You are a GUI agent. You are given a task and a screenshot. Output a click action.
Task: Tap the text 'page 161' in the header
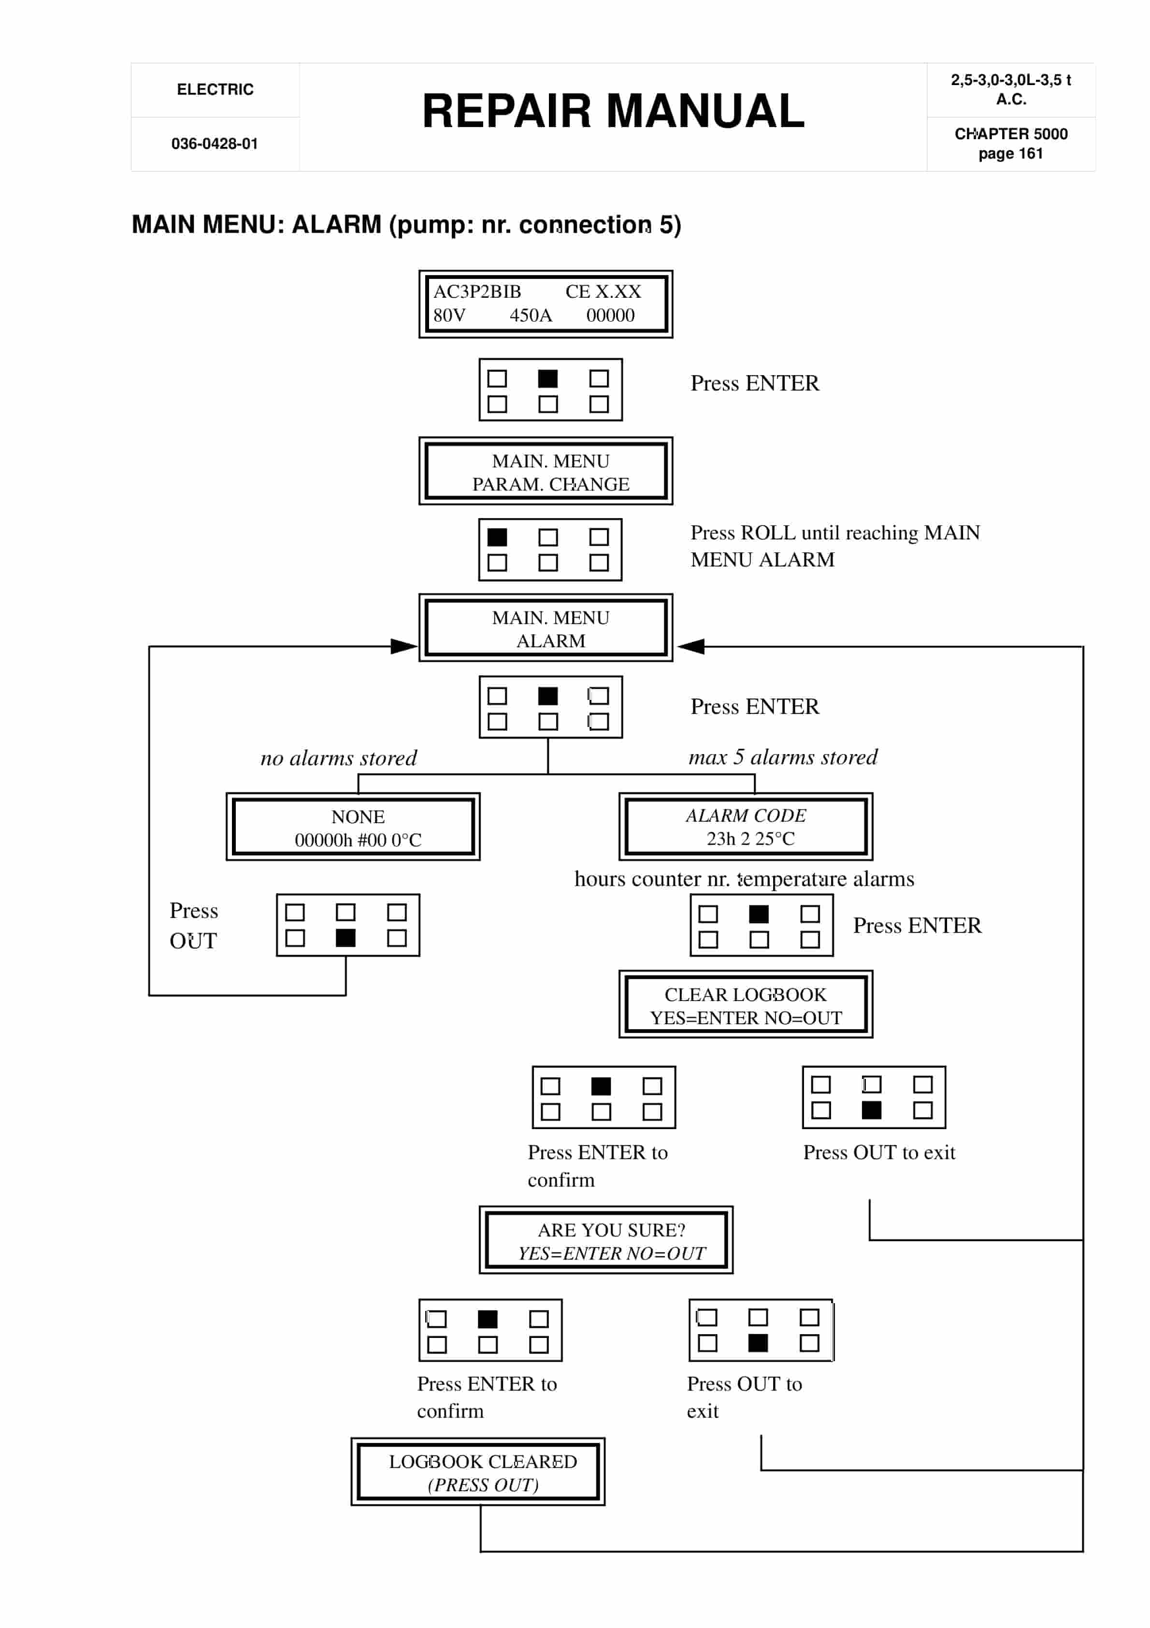pyautogui.click(x=1010, y=154)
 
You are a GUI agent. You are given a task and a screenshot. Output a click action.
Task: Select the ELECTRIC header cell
pyautogui.click(x=215, y=89)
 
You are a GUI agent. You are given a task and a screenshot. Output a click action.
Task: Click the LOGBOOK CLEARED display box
pyautogui.click(x=478, y=1472)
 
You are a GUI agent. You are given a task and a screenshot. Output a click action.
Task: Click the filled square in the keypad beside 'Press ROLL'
pyautogui.click(x=497, y=538)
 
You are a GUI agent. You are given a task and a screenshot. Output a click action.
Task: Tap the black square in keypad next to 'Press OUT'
pyautogui.click(x=345, y=938)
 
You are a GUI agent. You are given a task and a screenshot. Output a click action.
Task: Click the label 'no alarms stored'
pyautogui.click(x=338, y=758)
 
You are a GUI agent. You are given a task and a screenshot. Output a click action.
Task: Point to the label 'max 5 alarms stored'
pyautogui.click(x=783, y=757)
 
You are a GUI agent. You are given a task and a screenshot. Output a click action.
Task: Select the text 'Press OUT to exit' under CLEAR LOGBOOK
pyautogui.click(x=878, y=1152)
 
